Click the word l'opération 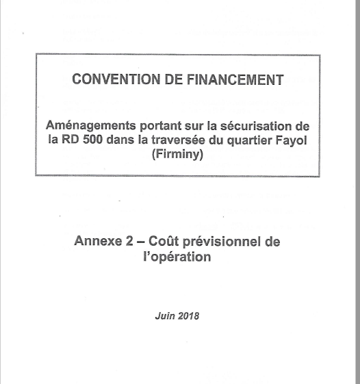point(179,258)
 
